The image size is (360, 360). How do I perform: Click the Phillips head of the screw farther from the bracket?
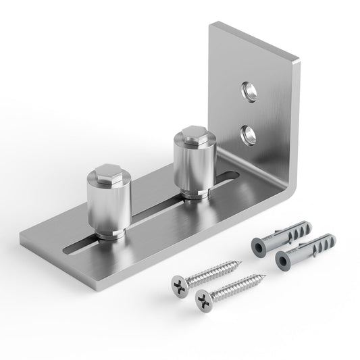[202, 298]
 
